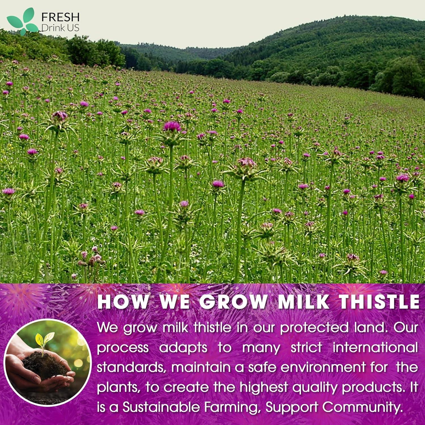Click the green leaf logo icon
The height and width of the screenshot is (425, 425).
(x=22, y=21)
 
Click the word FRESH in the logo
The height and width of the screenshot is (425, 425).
(x=60, y=18)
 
